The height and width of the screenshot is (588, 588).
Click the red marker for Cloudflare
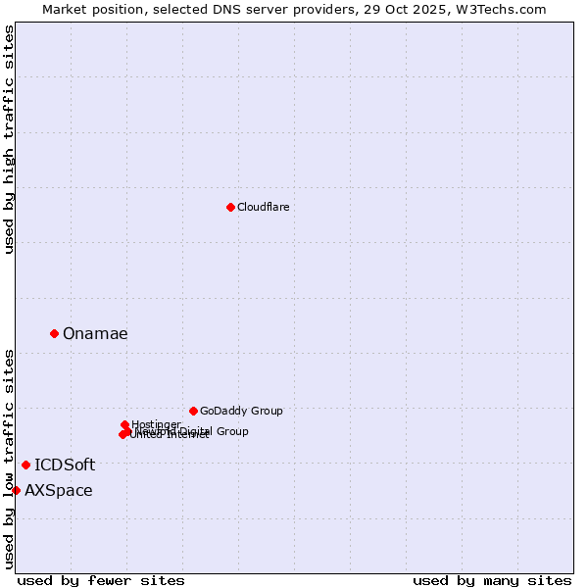pos(230,207)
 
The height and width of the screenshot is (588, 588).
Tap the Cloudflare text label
pos(263,207)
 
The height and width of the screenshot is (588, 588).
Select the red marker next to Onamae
pos(54,333)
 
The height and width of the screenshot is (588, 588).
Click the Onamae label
pos(95,333)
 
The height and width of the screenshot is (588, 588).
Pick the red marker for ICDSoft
pos(25,465)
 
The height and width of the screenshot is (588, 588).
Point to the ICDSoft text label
pos(65,465)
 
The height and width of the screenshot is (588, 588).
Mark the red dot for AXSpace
pos(16,490)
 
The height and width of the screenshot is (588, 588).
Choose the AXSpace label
pos(59,490)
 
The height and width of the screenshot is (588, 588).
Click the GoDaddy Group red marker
pos(193,411)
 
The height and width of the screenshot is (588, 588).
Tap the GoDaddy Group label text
pos(241,411)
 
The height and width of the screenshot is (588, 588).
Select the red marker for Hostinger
pos(125,424)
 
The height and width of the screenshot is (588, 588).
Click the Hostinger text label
pos(156,424)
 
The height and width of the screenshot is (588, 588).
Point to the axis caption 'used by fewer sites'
pos(101,580)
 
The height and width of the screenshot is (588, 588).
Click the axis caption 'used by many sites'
pos(492,580)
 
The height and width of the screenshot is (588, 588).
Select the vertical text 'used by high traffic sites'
pos(9,139)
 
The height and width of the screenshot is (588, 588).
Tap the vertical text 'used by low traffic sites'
pos(9,459)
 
